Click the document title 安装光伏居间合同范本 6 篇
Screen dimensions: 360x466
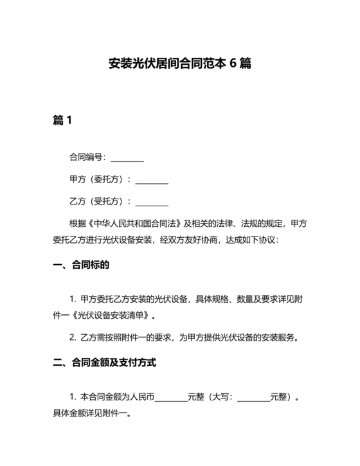(179, 64)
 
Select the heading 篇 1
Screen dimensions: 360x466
(62, 120)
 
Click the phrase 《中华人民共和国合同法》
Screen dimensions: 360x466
(132, 224)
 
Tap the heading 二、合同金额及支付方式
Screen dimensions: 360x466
(104, 363)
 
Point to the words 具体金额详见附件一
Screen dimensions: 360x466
(89, 414)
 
